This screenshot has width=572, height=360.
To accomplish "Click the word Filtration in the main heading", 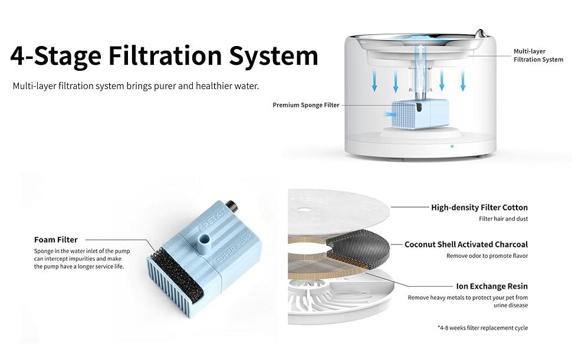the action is coord(165,55).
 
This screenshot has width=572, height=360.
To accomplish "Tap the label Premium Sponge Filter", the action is coord(306,105).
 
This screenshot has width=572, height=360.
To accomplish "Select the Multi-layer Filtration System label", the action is coord(538,55).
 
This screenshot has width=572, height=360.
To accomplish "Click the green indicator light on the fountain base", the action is coord(452,146).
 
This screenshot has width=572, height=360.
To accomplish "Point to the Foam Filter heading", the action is coord(56,240).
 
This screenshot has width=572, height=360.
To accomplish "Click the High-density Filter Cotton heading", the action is coord(479,207).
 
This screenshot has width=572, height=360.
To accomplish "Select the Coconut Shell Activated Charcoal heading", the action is coord(466,244).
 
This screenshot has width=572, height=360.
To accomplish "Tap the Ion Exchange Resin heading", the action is coord(492,286).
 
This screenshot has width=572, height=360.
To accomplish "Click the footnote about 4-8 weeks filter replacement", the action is coord(482,328).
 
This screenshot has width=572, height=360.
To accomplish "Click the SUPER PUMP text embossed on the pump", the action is coord(235,248).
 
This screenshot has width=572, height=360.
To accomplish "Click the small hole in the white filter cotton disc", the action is coord(304,210).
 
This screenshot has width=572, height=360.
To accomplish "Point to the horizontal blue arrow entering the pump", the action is coord(390,114).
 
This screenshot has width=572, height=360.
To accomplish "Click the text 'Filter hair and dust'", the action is coord(504,219).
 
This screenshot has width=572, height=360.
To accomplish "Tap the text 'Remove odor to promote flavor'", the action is coord(487,256).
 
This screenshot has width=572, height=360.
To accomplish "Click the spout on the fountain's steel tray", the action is coord(481,33).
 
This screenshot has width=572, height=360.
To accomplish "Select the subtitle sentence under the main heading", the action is coord(136,86).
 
